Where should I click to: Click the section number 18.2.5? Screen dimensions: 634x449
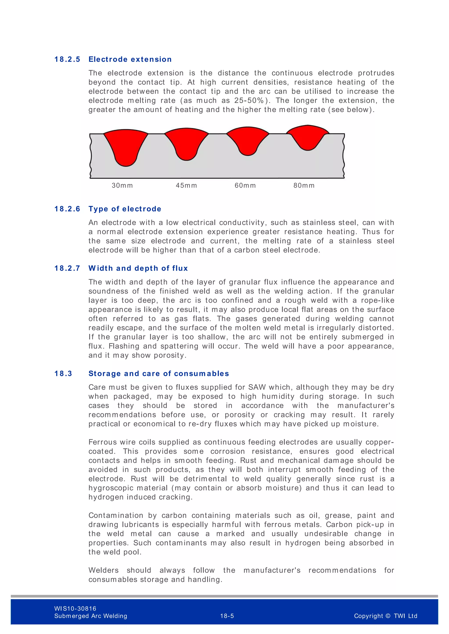coord(67,59)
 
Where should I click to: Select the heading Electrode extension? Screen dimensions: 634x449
coord(130,59)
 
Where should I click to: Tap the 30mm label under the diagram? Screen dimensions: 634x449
coord(122,186)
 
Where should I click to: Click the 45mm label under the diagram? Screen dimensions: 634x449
coord(186,186)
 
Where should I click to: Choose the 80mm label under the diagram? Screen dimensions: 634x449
coord(304,186)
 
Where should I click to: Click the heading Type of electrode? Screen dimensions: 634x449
coord(125,209)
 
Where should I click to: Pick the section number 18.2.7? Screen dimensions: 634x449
coord(67,268)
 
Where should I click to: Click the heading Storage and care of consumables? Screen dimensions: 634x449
coord(159,374)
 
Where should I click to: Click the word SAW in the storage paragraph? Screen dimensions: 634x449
coord(257,387)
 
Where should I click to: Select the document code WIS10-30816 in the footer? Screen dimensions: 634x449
coord(75,609)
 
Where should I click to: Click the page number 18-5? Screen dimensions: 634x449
coord(227,616)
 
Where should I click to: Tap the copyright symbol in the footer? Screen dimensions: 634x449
coord(388,616)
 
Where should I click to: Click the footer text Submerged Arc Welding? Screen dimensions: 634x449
coord(91,616)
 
